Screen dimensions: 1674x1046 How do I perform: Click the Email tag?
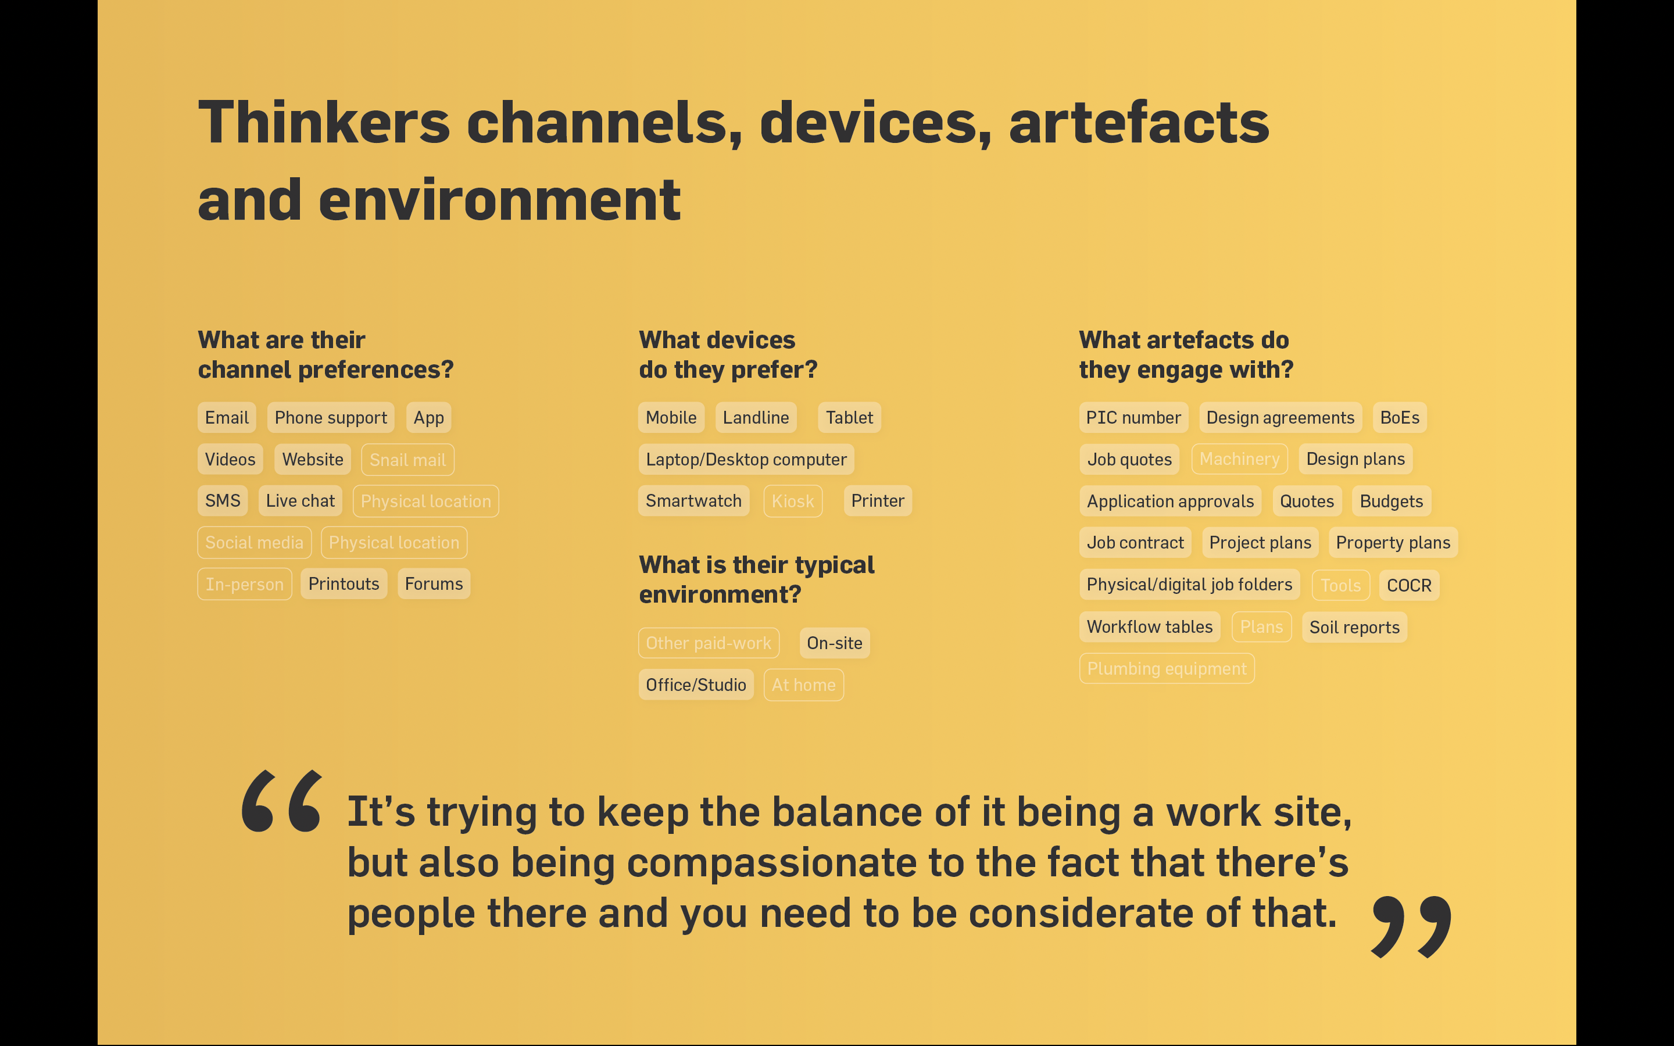(x=227, y=417)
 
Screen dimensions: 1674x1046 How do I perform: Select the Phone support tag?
(x=331, y=417)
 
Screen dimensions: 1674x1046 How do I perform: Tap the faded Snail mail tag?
(x=407, y=459)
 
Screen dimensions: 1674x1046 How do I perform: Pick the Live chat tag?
(x=300, y=501)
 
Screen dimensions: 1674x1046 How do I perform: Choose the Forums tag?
(x=434, y=584)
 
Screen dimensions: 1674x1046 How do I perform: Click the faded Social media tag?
(x=255, y=542)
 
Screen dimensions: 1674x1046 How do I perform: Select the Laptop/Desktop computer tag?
(x=746, y=459)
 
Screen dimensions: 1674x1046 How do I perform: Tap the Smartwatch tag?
(x=694, y=501)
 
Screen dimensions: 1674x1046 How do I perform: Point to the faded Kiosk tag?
(x=793, y=501)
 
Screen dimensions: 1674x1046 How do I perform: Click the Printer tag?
(x=878, y=501)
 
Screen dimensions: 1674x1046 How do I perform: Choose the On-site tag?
(x=834, y=643)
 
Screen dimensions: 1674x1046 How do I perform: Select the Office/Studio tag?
(x=696, y=685)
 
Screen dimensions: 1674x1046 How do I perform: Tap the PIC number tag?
(x=1134, y=417)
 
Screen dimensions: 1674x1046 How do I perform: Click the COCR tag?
(x=1409, y=585)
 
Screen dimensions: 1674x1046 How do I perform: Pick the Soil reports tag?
(x=1354, y=628)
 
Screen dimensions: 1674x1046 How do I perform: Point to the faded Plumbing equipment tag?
(x=1167, y=668)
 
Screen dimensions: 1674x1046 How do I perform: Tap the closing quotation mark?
(x=1411, y=927)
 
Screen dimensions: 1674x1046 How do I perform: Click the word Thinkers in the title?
(x=324, y=123)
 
